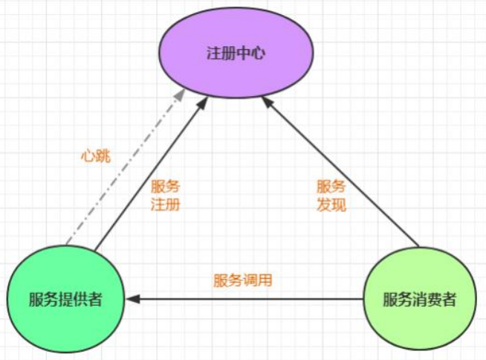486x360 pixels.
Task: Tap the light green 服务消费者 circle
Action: pyautogui.click(x=419, y=300)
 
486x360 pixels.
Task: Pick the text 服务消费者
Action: pyautogui.click(x=419, y=300)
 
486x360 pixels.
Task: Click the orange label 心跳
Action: pyautogui.click(x=95, y=157)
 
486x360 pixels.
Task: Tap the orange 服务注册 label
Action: pyautogui.click(x=165, y=196)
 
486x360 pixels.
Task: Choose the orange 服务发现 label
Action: pyautogui.click(x=331, y=196)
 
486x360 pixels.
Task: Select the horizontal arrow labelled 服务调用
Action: pyautogui.click(x=245, y=300)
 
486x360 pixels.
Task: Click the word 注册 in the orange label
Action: pyautogui.click(x=165, y=205)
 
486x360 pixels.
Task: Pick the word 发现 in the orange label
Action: pyautogui.click(x=331, y=205)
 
